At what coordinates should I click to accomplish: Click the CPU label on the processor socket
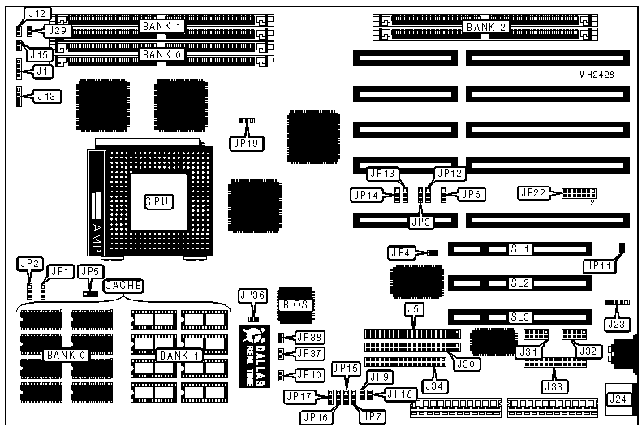click(x=157, y=200)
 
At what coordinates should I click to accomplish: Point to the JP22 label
click(x=534, y=193)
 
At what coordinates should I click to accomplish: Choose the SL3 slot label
click(x=520, y=317)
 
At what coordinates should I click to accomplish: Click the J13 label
click(x=48, y=97)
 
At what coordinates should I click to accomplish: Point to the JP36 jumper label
click(x=252, y=295)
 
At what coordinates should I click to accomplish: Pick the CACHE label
click(x=123, y=285)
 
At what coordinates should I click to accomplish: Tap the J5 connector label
click(x=414, y=308)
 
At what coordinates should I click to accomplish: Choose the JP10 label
click(x=308, y=375)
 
